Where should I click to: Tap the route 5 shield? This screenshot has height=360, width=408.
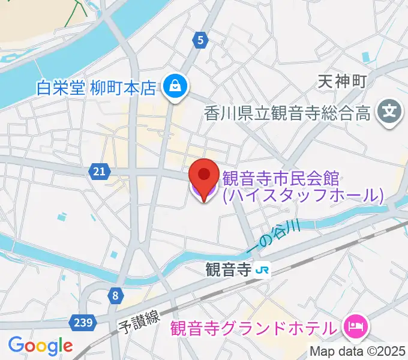point(201,41)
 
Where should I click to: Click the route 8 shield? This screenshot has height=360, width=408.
point(115,295)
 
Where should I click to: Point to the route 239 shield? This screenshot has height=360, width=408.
point(85,323)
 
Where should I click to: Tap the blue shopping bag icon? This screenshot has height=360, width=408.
point(175,87)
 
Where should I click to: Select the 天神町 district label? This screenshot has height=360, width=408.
point(342,81)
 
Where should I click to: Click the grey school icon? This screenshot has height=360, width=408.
point(389,112)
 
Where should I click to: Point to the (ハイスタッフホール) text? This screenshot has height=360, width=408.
point(302,195)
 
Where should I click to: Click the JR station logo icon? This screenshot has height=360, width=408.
point(262,270)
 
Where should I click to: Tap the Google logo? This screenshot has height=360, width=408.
point(40,345)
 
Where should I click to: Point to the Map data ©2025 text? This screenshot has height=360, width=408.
point(358,352)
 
